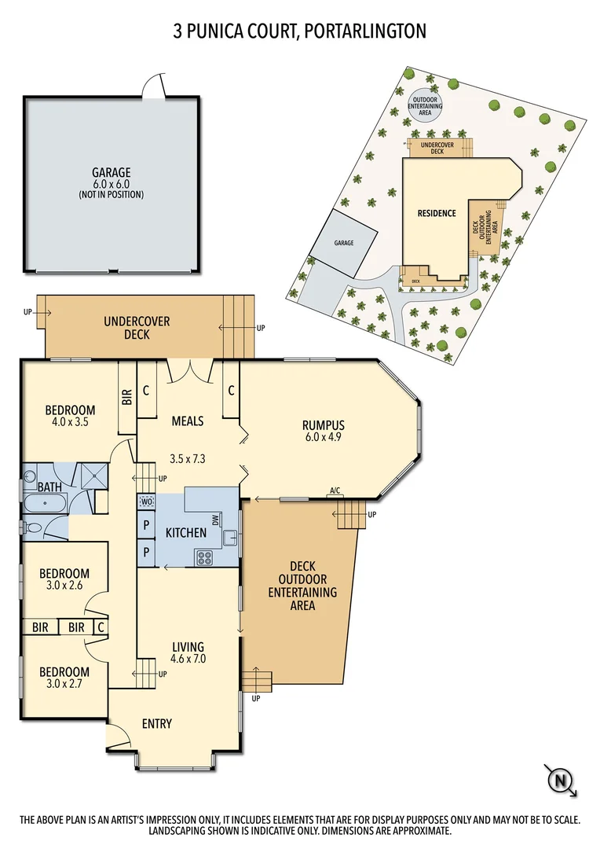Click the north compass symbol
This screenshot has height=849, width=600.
(x=560, y=781)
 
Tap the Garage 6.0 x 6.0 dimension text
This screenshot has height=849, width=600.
(x=111, y=184)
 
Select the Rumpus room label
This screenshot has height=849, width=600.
(x=324, y=425)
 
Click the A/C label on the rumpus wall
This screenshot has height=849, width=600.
(x=335, y=491)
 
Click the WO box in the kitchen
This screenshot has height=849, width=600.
(x=146, y=502)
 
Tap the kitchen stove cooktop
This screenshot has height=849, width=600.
(x=204, y=558)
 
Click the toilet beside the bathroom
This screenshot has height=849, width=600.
(x=31, y=527)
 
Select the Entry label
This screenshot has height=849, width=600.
(x=157, y=723)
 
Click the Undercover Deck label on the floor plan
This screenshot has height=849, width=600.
(x=137, y=328)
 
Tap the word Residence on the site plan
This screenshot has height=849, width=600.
(x=436, y=213)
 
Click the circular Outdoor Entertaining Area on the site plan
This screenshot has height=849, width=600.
(x=425, y=105)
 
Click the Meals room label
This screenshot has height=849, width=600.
(x=188, y=421)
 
